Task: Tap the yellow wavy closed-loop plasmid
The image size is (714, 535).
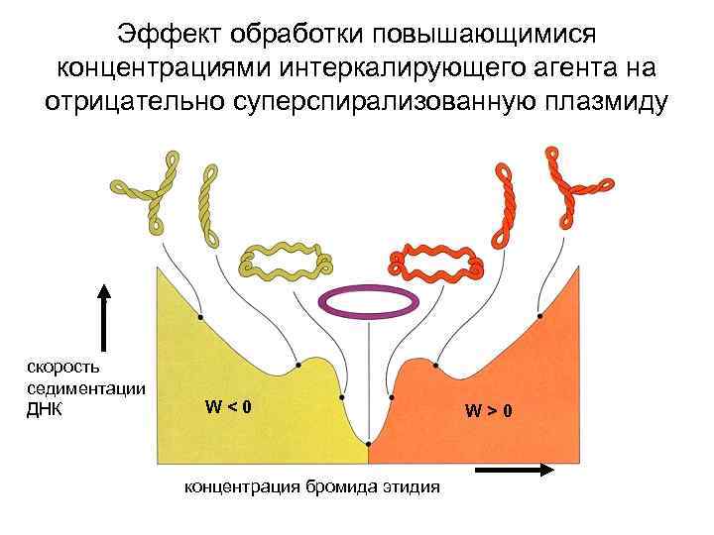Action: (x=284, y=260)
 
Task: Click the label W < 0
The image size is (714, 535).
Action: (x=228, y=405)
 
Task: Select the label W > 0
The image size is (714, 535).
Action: (x=488, y=410)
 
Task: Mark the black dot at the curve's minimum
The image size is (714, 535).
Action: (x=368, y=443)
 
